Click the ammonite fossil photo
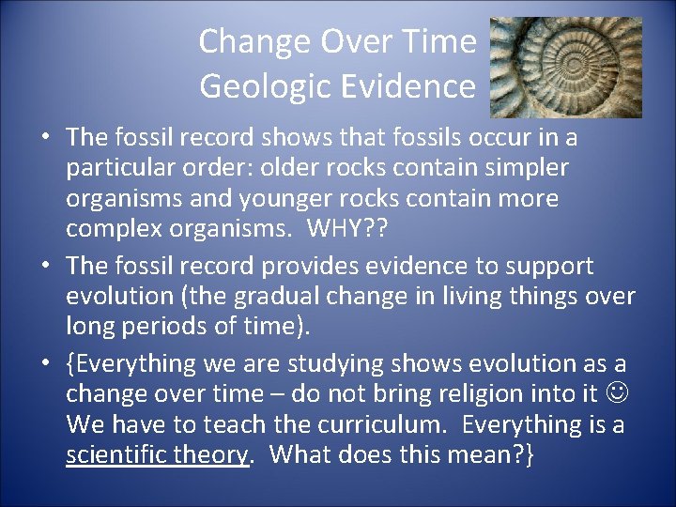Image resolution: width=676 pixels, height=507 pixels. click(x=566, y=67)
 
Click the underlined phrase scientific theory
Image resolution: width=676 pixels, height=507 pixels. click(x=158, y=455)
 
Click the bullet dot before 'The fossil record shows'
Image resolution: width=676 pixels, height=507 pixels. click(x=45, y=139)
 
